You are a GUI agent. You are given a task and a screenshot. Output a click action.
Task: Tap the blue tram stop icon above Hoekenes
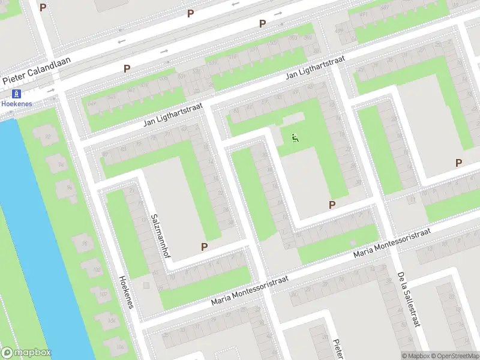click(x=16, y=94)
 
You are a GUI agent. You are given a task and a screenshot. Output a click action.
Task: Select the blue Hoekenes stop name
click(x=16, y=103)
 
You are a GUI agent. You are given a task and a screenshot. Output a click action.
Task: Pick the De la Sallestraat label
click(x=407, y=298)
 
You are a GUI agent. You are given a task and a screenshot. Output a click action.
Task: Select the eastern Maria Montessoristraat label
click(x=392, y=243)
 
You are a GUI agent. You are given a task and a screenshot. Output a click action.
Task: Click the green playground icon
click(x=295, y=138)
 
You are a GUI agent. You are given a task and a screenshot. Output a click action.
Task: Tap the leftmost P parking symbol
click(x=43, y=7)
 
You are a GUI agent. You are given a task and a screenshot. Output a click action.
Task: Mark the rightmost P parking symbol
click(x=459, y=163)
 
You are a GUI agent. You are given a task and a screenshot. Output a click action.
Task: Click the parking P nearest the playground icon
click(x=332, y=205)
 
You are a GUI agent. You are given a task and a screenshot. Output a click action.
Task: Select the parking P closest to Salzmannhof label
click(x=204, y=247)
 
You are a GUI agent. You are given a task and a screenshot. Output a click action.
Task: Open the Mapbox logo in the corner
click(x=26, y=353)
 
